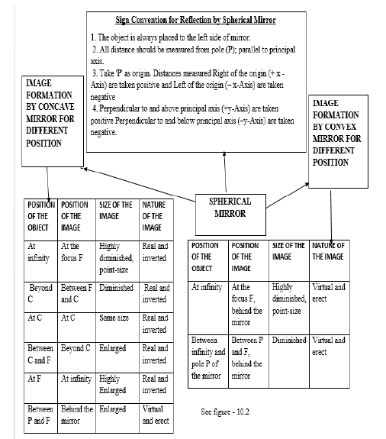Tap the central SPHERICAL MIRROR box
230,207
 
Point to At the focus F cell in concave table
77,253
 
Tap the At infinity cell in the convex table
207,288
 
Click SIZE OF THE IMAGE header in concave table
115,216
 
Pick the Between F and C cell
77,294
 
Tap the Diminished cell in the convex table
290,341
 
